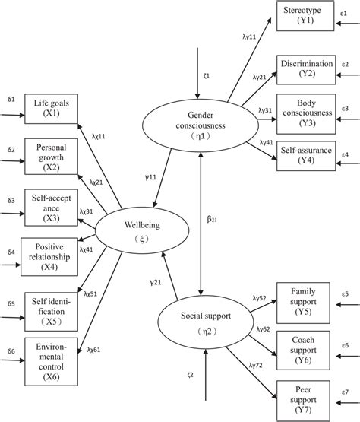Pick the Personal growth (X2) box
tap(50, 157)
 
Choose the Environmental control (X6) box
tap(50, 351)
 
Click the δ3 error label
tap(11, 199)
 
